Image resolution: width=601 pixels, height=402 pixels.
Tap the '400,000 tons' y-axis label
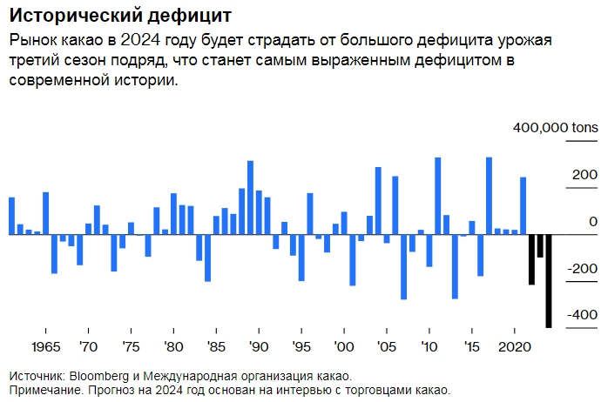556,128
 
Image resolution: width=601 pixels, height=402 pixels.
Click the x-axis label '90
258,346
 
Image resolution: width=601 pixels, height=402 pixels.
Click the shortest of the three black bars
540,245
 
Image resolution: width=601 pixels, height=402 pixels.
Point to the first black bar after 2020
531,259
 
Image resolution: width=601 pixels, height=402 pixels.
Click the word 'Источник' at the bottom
35,376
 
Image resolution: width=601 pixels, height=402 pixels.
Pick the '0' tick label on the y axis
593,222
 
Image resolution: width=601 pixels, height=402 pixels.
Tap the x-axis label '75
130,346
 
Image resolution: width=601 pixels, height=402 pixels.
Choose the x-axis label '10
429,346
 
